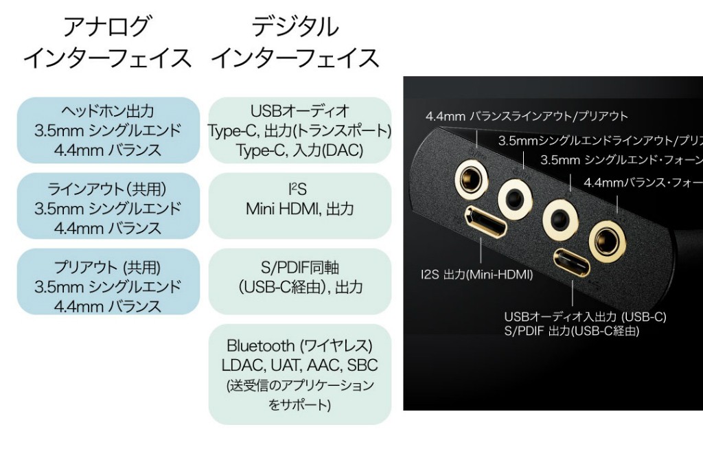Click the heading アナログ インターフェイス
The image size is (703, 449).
107,43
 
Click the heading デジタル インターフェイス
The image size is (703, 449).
295,43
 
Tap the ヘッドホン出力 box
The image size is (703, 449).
108,130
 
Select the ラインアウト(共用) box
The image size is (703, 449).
108,208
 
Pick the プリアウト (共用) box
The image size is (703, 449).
108,286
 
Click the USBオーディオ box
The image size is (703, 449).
300,130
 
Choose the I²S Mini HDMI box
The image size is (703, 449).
300,199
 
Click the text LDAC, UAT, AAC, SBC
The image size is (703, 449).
299,365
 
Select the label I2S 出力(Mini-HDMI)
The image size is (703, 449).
476,275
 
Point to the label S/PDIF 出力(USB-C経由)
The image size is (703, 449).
571,331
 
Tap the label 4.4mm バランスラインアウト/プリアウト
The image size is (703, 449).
527,116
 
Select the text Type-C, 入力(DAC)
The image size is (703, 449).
299,150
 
